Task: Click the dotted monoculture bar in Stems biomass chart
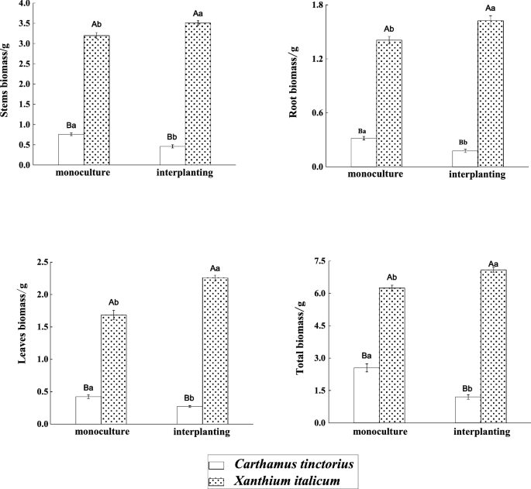(96, 100)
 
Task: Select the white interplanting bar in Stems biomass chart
(172, 155)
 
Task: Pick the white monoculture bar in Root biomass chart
(364, 152)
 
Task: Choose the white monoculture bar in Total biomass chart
(366, 395)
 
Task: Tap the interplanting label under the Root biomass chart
(477, 175)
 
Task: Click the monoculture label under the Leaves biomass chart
(102, 432)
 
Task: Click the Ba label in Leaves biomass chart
(88, 387)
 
